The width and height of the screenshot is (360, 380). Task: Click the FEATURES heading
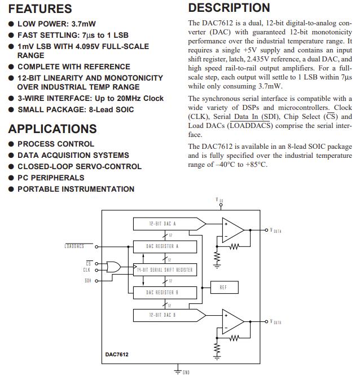tap(40, 9)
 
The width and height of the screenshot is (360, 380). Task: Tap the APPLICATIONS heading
tap(52, 129)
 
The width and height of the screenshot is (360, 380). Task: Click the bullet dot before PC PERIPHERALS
tap(11, 178)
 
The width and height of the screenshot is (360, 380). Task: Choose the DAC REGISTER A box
tap(163, 246)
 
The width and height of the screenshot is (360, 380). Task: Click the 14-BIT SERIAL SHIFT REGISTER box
tap(164, 269)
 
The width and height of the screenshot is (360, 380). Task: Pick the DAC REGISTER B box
tap(163, 292)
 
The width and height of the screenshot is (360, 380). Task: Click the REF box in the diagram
tap(223, 288)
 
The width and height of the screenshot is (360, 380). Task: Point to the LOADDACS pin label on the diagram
tap(74, 246)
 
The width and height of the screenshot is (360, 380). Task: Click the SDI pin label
tap(87, 280)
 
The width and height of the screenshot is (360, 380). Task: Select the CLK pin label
tap(87, 270)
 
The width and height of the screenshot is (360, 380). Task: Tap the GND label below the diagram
tap(186, 373)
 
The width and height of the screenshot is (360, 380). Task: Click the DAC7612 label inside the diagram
tap(117, 355)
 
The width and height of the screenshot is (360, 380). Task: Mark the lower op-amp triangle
tap(232, 322)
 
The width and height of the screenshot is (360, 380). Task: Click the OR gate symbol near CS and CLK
tap(114, 267)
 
